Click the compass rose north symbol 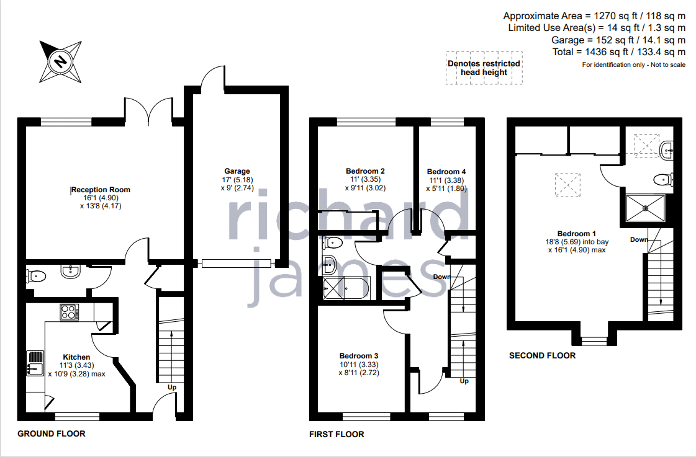pyautogui.click(x=61, y=61)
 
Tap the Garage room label pyautogui.click(x=237, y=171)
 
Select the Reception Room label pyautogui.click(x=101, y=190)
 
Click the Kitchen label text pyautogui.click(x=76, y=357)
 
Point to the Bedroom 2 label pyautogui.click(x=365, y=171)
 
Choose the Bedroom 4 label pyautogui.click(x=446, y=172)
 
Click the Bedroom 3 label pyautogui.click(x=359, y=356)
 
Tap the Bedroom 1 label pyautogui.click(x=577, y=234)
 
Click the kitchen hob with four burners pyautogui.click(x=70, y=312)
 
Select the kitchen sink pyautogui.click(x=35, y=363)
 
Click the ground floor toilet pyautogui.click(x=36, y=277)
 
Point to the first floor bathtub pyautogui.click(x=345, y=288)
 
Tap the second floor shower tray pyautogui.click(x=645, y=208)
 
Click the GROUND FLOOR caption pyautogui.click(x=52, y=434)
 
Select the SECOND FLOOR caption pyautogui.click(x=543, y=355)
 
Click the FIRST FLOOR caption pyautogui.click(x=337, y=435)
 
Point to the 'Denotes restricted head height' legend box pyautogui.click(x=484, y=68)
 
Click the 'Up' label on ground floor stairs pyautogui.click(x=172, y=388)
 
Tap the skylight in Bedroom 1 pyautogui.click(x=567, y=184)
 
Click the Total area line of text pyautogui.click(x=619, y=52)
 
